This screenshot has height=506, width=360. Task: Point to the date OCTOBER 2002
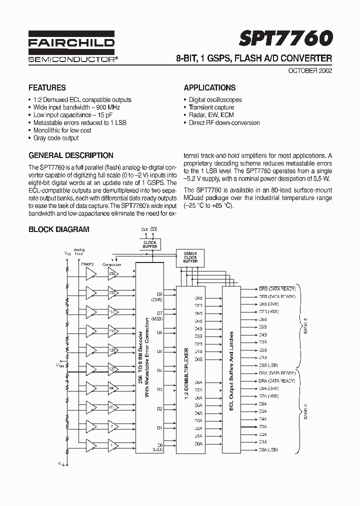click(x=310, y=70)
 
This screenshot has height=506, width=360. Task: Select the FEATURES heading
click(x=47, y=87)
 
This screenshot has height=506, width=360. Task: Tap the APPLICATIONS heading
click(x=209, y=87)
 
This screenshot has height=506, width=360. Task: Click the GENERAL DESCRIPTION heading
click(x=71, y=155)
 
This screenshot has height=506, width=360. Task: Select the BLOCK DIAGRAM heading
click(x=59, y=229)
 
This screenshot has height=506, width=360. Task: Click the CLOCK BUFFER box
click(x=150, y=244)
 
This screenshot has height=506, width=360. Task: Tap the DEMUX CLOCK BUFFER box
click(x=190, y=257)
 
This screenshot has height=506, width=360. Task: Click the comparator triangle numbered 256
click(x=113, y=273)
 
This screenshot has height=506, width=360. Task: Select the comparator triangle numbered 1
click(x=113, y=445)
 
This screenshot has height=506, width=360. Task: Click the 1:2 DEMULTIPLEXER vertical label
click(x=185, y=368)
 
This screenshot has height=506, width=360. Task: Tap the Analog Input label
click(x=79, y=251)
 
